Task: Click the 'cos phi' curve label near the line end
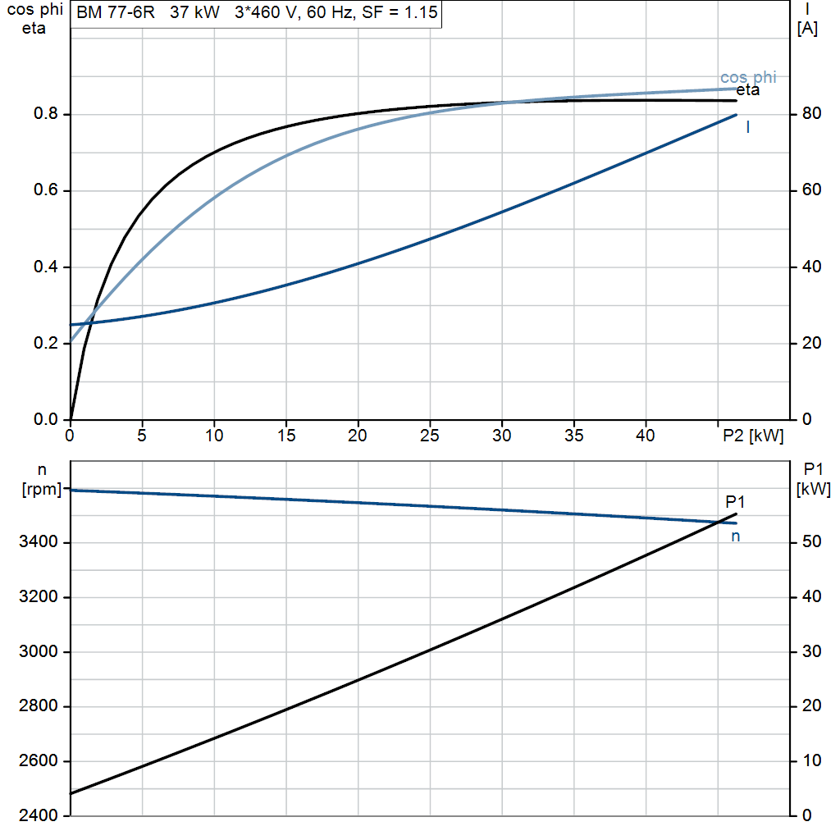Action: click(748, 77)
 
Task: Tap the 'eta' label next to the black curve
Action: click(748, 90)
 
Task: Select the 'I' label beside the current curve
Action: click(748, 127)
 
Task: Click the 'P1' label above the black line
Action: click(735, 502)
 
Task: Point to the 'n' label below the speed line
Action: click(736, 536)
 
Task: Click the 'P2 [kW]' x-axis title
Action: click(753, 436)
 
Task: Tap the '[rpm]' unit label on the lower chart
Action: click(42, 489)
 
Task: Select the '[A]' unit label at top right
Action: click(807, 29)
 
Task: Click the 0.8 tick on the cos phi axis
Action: click(46, 113)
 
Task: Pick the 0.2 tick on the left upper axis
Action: click(46, 343)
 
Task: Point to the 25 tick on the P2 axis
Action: click(430, 436)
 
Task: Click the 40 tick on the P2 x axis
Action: click(646, 436)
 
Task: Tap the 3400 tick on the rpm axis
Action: click(39, 541)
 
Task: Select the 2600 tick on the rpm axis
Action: click(39, 760)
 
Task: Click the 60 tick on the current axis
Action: click(811, 189)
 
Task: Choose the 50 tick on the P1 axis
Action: click(811, 541)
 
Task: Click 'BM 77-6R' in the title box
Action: click(116, 12)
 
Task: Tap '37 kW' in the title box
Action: click(194, 12)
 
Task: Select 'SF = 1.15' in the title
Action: click(399, 12)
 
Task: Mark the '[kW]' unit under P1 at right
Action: click(814, 489)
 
